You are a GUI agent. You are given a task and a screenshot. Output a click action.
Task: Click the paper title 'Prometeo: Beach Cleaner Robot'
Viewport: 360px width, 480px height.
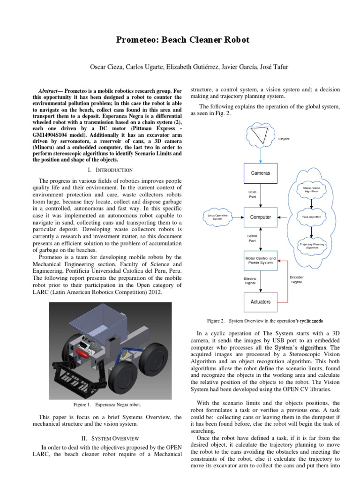(x=183, y=40)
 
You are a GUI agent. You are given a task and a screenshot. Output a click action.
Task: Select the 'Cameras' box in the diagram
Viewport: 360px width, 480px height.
(x=260, y=173)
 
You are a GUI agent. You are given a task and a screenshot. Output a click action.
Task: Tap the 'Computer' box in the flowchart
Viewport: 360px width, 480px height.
(x=260, y=217)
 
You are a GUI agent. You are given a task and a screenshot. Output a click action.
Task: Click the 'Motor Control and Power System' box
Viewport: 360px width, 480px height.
(x=260, y=260)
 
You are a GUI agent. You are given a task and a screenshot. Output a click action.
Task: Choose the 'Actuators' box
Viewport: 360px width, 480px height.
(x=260, y=301)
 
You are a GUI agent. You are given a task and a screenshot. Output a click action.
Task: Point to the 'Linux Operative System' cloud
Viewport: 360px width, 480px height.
(x=217, y=217)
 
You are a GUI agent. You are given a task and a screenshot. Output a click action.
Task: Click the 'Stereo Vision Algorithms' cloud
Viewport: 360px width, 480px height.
(x=311, y=189)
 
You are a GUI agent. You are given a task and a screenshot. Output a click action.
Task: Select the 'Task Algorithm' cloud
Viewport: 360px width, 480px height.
(x=312, y=217)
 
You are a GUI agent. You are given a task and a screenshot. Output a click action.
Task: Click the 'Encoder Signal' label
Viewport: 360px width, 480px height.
(x=296, y=279)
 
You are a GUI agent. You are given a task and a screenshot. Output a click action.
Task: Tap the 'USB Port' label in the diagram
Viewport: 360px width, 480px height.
(x=252, y=195)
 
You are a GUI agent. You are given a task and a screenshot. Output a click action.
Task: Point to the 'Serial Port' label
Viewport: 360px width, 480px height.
(x=252, y=238)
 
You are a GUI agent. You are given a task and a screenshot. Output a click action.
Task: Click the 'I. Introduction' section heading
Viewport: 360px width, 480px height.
(x=114, y=170)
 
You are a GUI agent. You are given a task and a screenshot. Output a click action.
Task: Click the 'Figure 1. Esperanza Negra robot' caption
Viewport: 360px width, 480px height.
(x=111, y=404)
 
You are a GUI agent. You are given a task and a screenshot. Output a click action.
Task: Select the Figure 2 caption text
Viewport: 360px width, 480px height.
(x=265, y=321)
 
